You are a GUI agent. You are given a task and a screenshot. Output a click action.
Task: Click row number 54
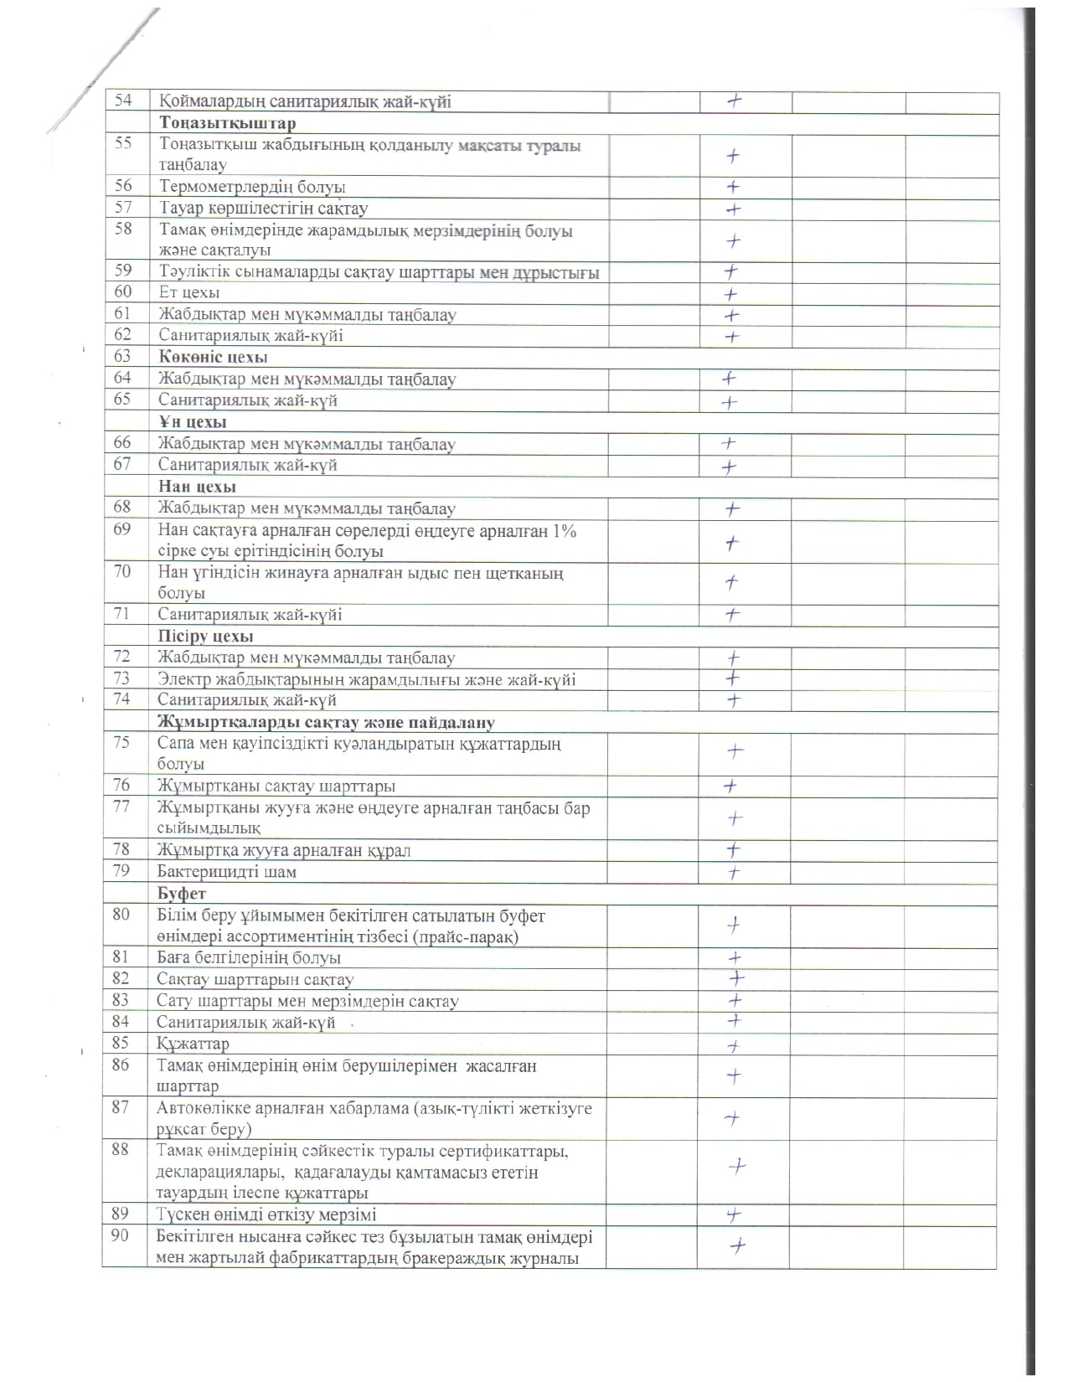point(123,101)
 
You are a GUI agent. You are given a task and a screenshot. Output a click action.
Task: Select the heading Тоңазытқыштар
point(227,123)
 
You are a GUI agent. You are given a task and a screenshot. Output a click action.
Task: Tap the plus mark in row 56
point(733,187)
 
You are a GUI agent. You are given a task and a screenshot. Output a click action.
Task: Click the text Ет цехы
point(189,292)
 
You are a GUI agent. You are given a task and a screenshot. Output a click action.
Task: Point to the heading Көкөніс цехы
point(213,357)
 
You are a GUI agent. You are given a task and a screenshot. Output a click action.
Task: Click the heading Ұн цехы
point(193,422)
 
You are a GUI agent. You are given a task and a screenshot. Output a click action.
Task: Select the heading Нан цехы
point(197,487)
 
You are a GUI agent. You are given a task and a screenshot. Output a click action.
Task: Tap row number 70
point(122,572)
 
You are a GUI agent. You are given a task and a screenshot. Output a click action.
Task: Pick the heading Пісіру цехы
point(205,637)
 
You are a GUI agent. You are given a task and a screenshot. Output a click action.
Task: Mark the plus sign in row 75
point(735,752)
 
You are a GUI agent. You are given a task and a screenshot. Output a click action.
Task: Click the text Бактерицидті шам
point(227,872)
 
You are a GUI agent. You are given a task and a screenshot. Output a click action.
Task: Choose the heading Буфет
point(182,894)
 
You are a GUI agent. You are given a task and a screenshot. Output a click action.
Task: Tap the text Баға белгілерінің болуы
point(249,957)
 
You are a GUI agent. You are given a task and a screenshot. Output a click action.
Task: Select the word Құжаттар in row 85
point(193,1044)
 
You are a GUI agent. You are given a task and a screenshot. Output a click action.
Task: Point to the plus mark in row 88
point(737,1165)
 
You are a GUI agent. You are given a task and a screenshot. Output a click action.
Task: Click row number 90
point(120,1235)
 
